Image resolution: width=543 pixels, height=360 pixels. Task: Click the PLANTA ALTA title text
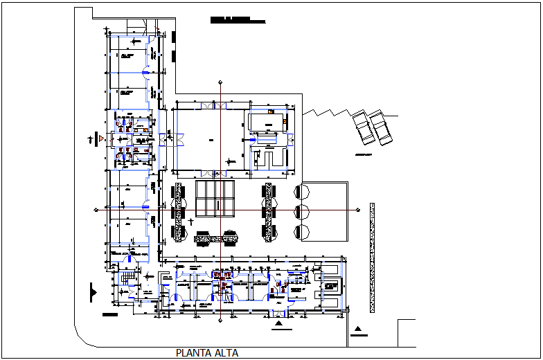point(207,353)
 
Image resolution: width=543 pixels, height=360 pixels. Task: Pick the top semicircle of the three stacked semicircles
point(301,190)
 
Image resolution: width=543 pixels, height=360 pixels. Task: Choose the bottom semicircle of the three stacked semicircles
point(301,232)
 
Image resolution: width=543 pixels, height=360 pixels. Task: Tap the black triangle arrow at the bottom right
point(357,329)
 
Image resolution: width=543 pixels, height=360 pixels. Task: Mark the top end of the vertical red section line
point(220,82)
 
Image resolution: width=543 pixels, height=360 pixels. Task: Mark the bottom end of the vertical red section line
point(220,321)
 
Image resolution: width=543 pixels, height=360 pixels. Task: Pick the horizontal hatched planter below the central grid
point(216,239)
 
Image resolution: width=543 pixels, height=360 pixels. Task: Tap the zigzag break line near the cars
point(329,111)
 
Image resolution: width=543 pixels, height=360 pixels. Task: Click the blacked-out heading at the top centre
point(237,20)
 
